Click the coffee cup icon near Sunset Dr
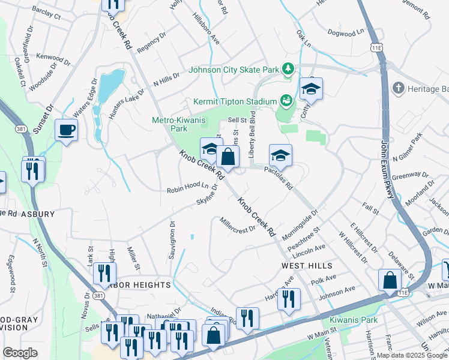click(x=66, y=129)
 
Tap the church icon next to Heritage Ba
click(x=397, y=89)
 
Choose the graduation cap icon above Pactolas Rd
click(x=280, y=155)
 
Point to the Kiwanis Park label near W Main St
click(x=354, y=320)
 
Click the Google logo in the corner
click(x=20, y=353)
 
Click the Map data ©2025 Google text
click(x=411, y=355)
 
